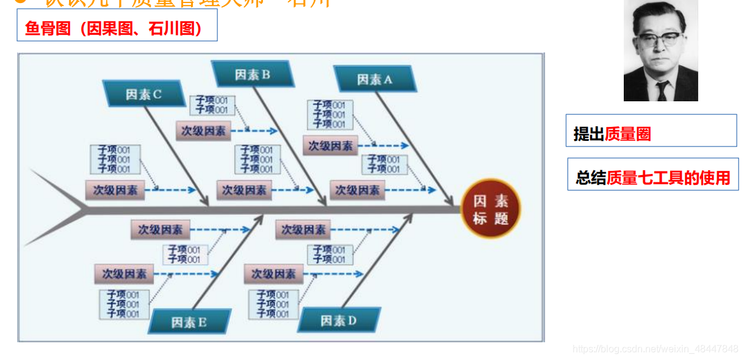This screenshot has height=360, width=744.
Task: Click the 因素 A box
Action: point(375,79)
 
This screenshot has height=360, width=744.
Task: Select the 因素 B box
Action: point(252,74)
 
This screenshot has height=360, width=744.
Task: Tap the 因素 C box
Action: point(143,94)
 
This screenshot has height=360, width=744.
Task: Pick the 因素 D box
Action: point(339,320)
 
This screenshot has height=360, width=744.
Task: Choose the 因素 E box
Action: point(189,322)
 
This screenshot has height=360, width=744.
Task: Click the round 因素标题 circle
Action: point(490,209)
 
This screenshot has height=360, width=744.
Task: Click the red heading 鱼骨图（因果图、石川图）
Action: point(116,29)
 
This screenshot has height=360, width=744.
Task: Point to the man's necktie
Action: point(663,91)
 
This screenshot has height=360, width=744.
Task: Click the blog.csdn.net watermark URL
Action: point(655,349)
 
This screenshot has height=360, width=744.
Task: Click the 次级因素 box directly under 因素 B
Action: point(203,131)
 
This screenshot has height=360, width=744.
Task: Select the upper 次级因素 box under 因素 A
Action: point(330,146)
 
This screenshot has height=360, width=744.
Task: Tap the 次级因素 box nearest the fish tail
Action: point(115,190)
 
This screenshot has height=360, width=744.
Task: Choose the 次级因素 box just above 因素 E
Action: point(124,274)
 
